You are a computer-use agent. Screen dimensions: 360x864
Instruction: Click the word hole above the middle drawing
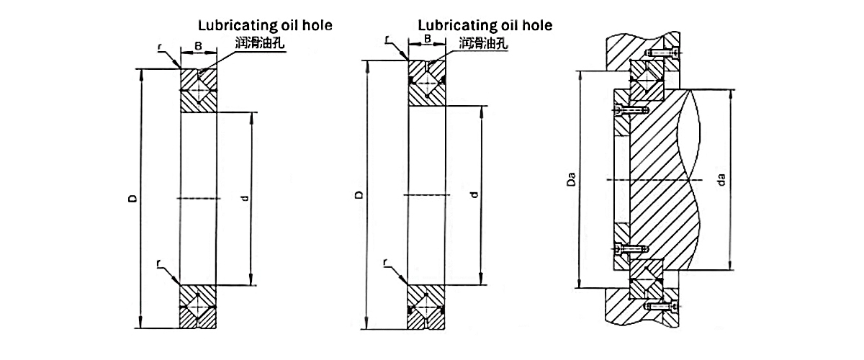click(535, 26)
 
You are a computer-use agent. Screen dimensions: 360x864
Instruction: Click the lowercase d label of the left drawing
click(245, 197)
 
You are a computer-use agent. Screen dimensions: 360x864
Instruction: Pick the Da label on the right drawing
click(570, 179)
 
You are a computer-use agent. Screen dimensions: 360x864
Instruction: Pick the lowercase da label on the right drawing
click(722, 179)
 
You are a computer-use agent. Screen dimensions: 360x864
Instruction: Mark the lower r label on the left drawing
click(159, 264)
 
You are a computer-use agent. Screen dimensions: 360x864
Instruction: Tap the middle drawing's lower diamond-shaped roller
click(427, 306)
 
